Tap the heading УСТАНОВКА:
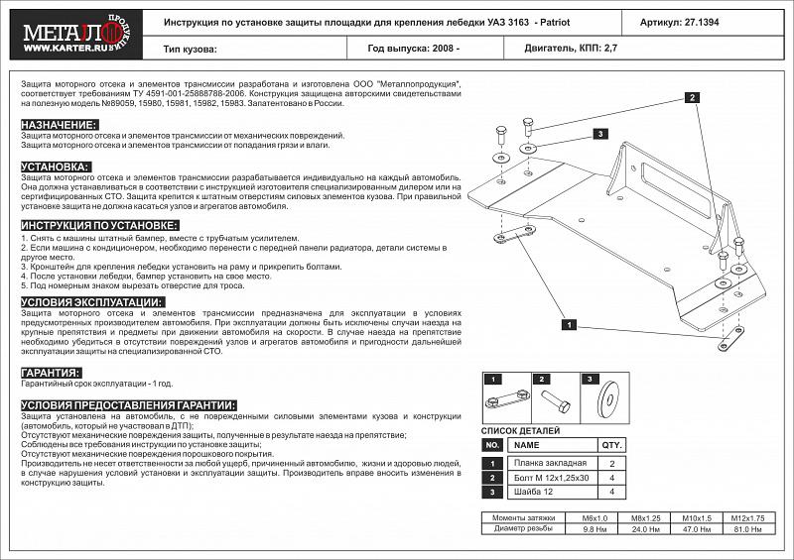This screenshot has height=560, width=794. (x=56, y=167)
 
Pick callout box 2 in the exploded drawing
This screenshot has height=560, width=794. (x=691, y=97)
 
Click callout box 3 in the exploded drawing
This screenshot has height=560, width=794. (x=600, y=134)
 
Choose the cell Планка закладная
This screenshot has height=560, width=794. (x=551, y=464)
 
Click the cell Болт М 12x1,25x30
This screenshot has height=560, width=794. (x=551, y=478)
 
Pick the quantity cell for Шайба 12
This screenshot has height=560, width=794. (x=611, y=492)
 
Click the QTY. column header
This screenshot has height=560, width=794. (x=611, y=445)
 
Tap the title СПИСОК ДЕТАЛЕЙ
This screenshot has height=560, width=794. (x=520, y=431)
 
